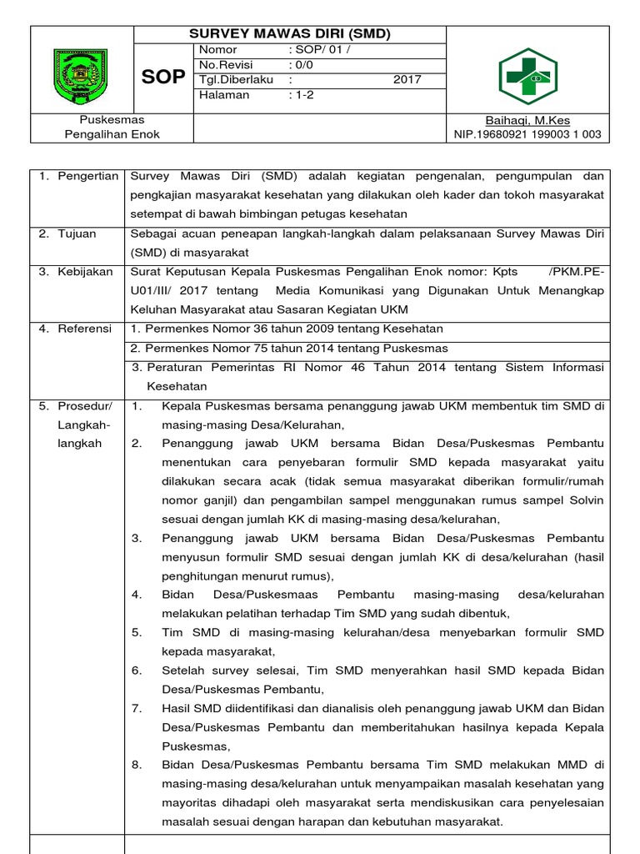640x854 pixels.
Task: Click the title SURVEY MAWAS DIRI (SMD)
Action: [290, 34]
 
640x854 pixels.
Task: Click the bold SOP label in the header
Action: [163, 77]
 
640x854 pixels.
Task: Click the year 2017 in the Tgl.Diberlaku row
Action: [407, 80]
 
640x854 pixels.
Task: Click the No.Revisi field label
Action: [224, 65]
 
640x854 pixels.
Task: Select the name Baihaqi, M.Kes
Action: [528, 121]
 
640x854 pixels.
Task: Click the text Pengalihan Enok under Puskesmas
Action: [112, 134]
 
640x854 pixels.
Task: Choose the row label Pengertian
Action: [80, 177]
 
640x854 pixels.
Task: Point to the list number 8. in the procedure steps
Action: [137, 765]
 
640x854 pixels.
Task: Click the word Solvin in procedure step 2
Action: [582, 500]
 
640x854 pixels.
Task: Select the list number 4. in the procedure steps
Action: [137, 595]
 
